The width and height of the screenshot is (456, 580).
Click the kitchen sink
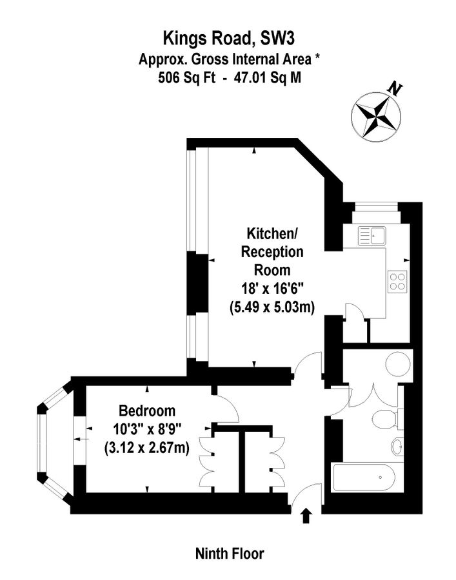coord(372,235)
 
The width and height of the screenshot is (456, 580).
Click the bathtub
coord(365,479)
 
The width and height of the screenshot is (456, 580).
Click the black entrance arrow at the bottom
coord(306,514)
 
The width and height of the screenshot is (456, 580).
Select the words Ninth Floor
coord(230,553)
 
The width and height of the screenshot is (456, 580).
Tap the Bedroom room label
coord(147,411)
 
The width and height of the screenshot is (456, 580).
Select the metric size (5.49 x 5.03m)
coord(272,307)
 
